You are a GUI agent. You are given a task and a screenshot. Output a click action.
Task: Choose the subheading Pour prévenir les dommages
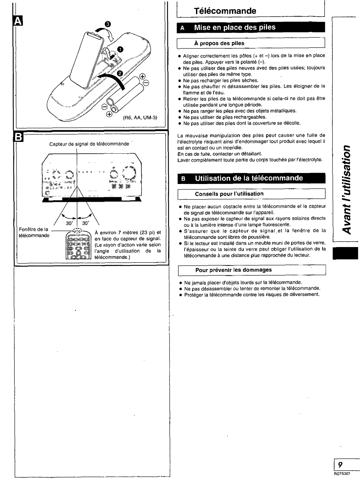[x=233, y=270]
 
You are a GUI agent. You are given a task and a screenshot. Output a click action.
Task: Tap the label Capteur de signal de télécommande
[x=89, y=144]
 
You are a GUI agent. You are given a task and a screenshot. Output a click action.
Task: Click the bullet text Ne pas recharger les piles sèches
[x=221, y=80]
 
